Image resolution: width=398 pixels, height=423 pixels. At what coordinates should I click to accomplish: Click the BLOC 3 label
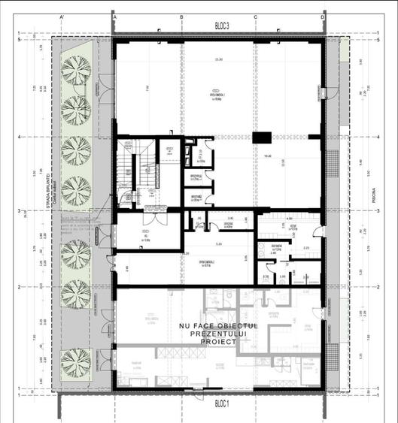coord(221,26)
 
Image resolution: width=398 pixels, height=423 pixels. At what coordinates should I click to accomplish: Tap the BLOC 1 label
coord(221,403)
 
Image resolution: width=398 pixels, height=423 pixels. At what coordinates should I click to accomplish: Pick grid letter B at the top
coord(181,16)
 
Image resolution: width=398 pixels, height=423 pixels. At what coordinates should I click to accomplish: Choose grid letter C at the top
coord(255,16)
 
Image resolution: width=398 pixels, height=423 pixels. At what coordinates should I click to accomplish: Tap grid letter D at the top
coord(323,16)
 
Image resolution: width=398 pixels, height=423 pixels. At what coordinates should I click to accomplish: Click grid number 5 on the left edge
coord(19,41)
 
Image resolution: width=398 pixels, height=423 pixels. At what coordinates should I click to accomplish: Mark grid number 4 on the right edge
coord(375,137)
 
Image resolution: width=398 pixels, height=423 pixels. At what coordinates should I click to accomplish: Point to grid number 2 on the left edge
coord(19,286)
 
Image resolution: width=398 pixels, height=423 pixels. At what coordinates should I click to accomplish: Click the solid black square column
coord(261,137)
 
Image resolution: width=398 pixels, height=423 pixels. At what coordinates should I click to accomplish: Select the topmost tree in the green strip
coord(75,69)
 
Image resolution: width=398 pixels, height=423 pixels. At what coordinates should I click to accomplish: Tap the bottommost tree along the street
coord(75,361)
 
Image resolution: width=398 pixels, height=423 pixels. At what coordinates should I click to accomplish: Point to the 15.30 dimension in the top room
coord(218,60)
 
